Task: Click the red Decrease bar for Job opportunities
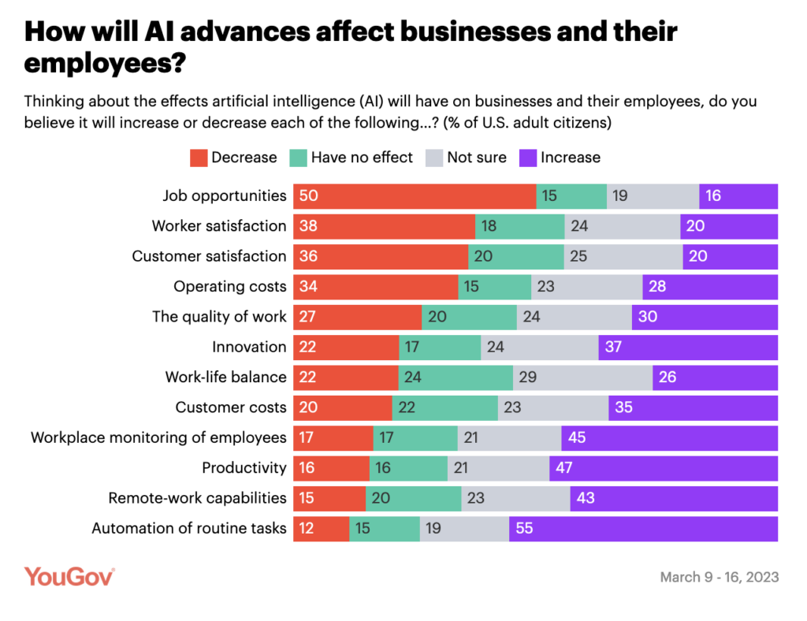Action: pos(415,195)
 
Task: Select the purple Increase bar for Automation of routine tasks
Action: pos(643,529)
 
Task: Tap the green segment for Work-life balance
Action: pos(456,377)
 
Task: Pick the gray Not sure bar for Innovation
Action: pos(539,347)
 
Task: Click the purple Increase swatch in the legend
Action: pos(527,158)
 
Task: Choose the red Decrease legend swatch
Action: pos(199,158)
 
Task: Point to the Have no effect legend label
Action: pos(362,158)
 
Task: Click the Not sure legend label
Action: pos(477,158)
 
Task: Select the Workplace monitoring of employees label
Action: pos(158,437)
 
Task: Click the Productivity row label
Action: pos(244,468)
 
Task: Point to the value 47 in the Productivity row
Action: pos(563,468)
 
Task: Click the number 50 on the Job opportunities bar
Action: pos(307,195)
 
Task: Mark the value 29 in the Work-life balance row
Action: pos(527,377)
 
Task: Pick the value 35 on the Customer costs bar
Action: pos(623,407)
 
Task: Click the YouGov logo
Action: pos(69,576)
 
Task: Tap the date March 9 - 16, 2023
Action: pos(719,578)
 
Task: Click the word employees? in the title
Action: pos(105,64)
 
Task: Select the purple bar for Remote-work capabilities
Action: pos(674,499)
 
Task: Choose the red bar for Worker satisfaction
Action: pos(384,226)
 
